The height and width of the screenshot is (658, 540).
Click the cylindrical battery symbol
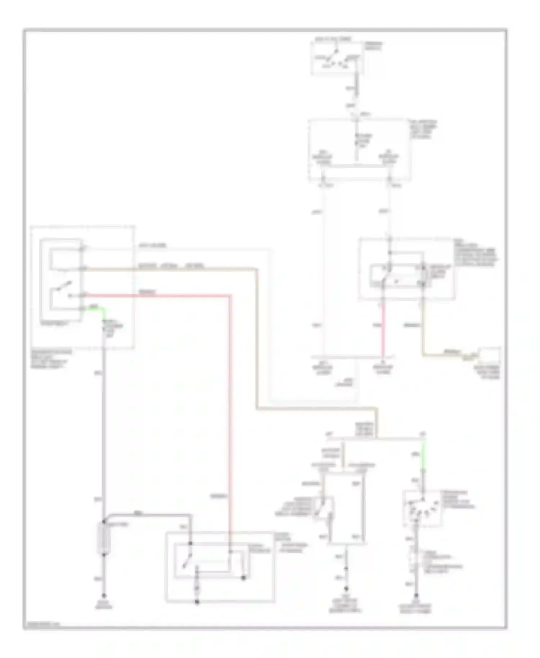104,538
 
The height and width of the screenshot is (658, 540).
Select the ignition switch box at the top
337,58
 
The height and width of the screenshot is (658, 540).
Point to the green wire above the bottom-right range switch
423,457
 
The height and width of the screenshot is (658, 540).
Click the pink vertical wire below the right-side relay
383,328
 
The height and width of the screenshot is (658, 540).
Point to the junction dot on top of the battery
104,522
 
